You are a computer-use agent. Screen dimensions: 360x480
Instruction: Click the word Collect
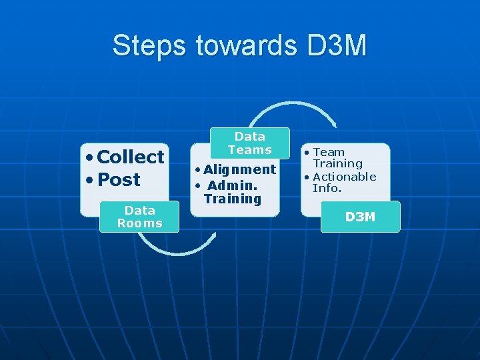click(x=131, y=157)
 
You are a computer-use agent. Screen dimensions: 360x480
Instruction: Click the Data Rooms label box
click(x=139, y=217)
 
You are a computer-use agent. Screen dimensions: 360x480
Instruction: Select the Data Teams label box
click(x=250, y=143)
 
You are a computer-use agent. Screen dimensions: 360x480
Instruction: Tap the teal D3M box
click(x=360, y=217)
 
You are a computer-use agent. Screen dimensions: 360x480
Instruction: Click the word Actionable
click(x=345, y=177)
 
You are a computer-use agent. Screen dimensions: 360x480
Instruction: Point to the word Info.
click(x=327, y=188)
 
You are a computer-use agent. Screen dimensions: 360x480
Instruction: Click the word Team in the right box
click(x=329, y=152)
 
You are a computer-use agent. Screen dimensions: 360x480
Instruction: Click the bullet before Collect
click(x=89, y=158)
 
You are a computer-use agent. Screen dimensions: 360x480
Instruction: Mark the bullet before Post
click(x=89, y=181)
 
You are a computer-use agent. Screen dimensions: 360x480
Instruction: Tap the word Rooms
click(x=139, y=223)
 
